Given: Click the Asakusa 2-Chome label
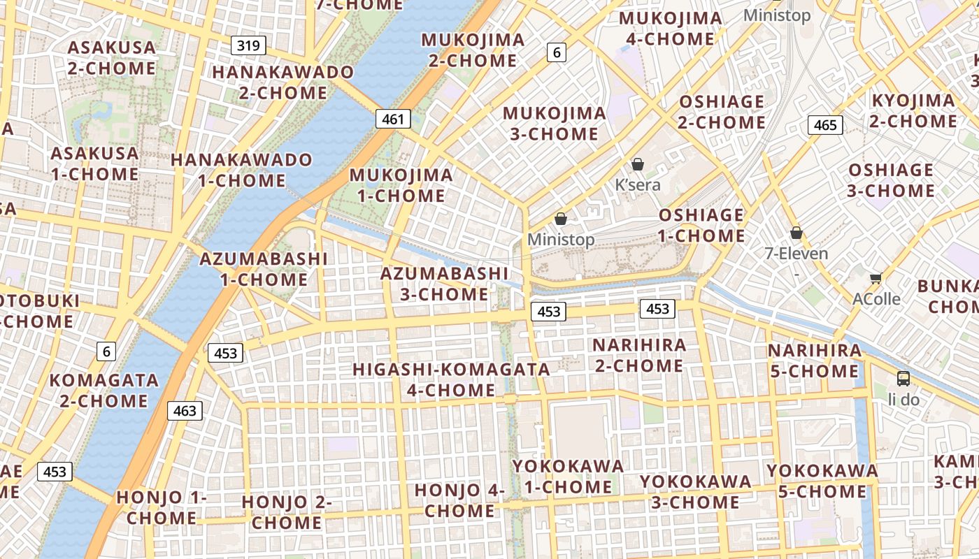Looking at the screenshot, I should point(112,58).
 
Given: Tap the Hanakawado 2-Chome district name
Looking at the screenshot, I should point(283,82).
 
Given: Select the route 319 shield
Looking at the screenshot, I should point(248,46).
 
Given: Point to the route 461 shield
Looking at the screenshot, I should point(393,119).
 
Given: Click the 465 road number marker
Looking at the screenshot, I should point(825,125).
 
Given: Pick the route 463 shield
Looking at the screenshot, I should point(185,410).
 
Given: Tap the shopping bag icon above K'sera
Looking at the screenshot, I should point(637,165).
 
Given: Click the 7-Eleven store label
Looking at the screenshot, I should point(796,254).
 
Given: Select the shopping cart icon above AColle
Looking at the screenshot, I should point(876,278).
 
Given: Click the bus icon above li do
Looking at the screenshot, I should point(903,379).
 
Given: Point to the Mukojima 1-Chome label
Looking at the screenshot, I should point(401,185).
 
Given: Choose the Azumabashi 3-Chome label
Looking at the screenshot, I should point(444,284).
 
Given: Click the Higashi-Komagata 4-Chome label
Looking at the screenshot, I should point(451,379).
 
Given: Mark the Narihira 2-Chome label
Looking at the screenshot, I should point(639,355).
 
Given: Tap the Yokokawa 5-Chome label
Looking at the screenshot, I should point(822,481).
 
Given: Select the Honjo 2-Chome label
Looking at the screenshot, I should point(287,511).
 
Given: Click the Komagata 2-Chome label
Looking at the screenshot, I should point(103,391).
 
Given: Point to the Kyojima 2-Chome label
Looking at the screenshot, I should point(913,110).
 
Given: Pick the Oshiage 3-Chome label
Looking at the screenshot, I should point(890,180).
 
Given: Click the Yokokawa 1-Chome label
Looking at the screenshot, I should point(568,476).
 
